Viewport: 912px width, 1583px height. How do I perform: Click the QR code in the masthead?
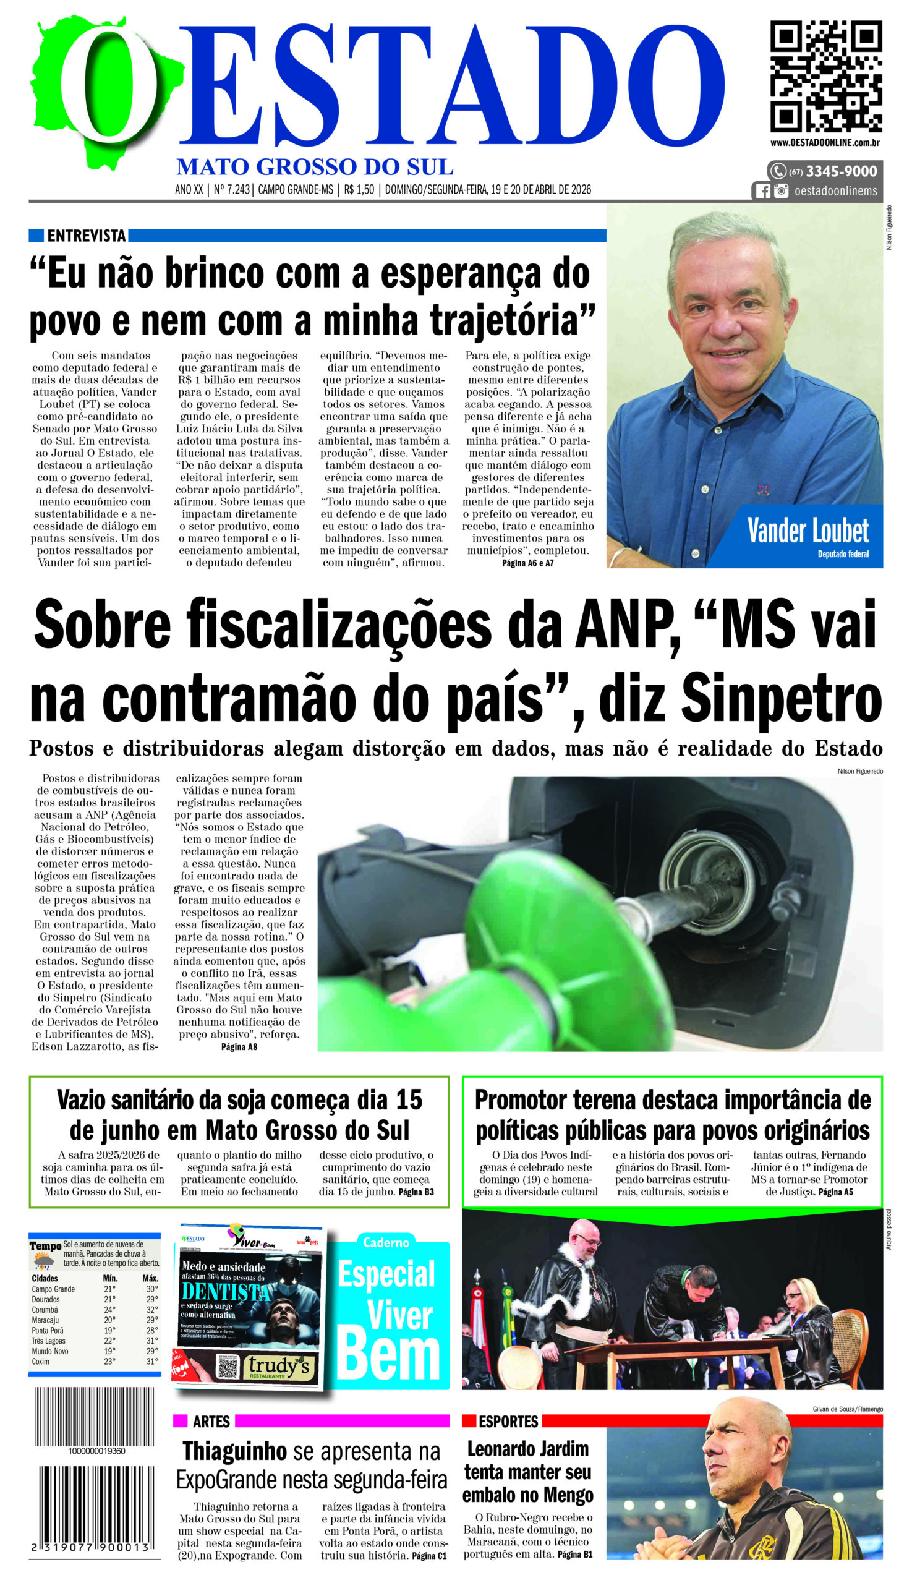coord(825,76)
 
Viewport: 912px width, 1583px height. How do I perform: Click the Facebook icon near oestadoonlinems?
coord(762,191)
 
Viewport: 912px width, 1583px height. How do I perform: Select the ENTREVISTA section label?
coord(87,236)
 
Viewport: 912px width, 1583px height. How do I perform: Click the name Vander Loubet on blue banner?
coord(808,531)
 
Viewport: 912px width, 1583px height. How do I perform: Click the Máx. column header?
coord(150,1278)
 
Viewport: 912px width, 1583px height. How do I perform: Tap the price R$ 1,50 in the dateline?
coord(359,190)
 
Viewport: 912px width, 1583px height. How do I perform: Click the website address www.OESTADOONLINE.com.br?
coord(825,143)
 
